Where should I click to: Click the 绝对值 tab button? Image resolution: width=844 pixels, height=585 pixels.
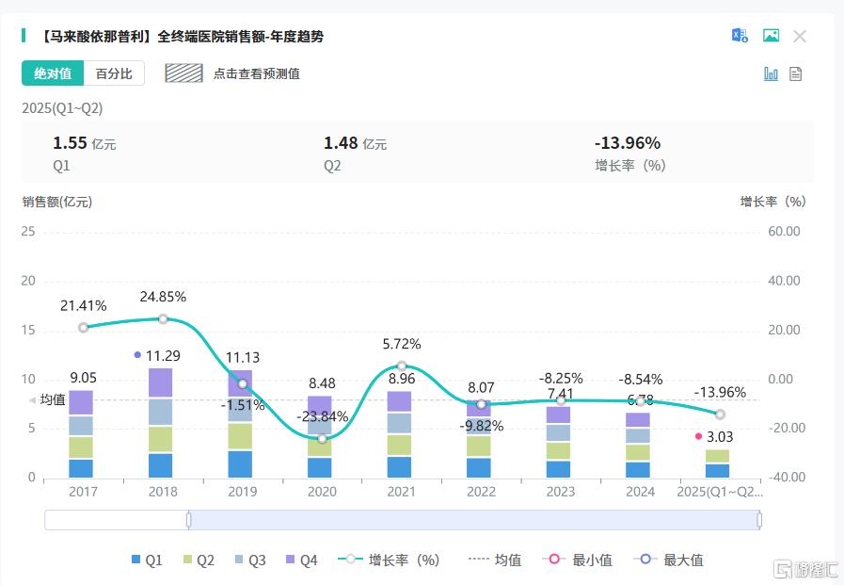coord(53,73)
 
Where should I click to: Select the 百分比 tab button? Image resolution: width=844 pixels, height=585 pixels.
coord(114,73)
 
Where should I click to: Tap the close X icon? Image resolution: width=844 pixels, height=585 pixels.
coord(800,36)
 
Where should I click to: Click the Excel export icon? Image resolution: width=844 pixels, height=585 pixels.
coord(740,36)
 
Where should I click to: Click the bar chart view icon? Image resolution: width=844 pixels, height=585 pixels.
coord(771,73)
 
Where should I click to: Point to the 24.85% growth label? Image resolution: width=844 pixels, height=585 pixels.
coord(163,297)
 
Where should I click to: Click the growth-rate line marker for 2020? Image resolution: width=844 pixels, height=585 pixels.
coord(323,439)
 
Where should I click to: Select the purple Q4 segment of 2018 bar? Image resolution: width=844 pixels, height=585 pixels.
coord(163,382)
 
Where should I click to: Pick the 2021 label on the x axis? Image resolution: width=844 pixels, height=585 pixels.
coord(402,492)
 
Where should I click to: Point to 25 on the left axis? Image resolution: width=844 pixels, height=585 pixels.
coord(28,232)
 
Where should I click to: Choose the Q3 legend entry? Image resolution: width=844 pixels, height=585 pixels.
coord(248,561)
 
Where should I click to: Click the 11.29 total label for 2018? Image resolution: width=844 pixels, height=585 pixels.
coord(163,356)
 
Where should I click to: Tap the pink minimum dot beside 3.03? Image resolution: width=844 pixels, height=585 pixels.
coord(698,436)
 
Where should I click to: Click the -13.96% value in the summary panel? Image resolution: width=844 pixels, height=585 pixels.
coord(628,143)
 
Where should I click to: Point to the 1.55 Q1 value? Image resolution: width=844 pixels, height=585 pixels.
coord(70,143)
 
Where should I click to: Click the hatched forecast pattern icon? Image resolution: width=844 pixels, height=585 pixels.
coord(183,73)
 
